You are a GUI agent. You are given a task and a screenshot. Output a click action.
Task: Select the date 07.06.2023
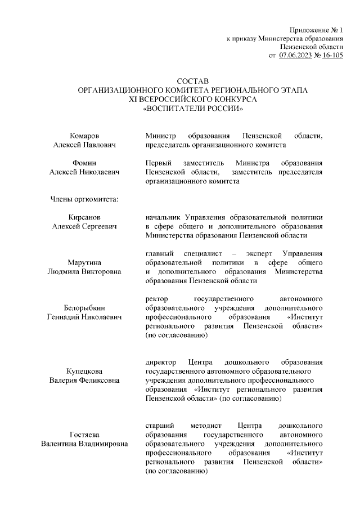[295, 55]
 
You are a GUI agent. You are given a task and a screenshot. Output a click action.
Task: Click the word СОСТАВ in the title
[192, 82]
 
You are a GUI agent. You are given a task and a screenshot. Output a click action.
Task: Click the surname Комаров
[84, 136]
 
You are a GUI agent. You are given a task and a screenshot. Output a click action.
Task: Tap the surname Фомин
[84, 163]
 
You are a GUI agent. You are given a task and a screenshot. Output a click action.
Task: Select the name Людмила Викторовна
[84, 271]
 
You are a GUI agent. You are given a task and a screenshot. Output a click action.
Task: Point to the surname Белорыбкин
[84, 307]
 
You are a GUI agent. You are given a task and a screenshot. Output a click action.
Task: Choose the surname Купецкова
[84, 371]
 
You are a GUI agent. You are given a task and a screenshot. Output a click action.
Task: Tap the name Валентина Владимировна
[84, 444]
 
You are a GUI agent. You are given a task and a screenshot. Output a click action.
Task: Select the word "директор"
[160, 362]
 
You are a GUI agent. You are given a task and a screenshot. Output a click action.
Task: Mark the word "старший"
[159, 425]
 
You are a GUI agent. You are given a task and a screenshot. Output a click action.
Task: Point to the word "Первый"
[159, 163]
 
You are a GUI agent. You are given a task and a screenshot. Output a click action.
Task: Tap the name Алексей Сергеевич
[84, 226]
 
